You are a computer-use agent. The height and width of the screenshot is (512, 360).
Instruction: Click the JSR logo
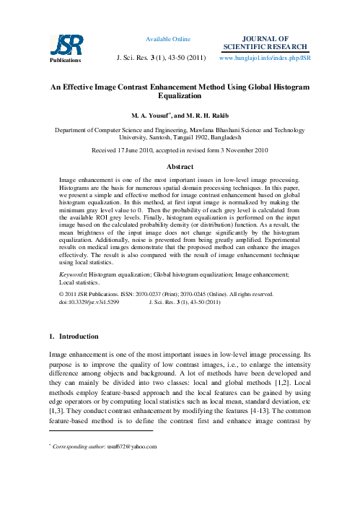(x=61, y=45)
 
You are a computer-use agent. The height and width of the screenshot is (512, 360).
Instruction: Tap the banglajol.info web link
(x=264, y=56)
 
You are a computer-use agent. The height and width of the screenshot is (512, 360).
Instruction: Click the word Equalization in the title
(x=180, y=95)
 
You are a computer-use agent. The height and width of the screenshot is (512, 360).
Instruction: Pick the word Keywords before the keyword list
(x=72, y=275)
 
